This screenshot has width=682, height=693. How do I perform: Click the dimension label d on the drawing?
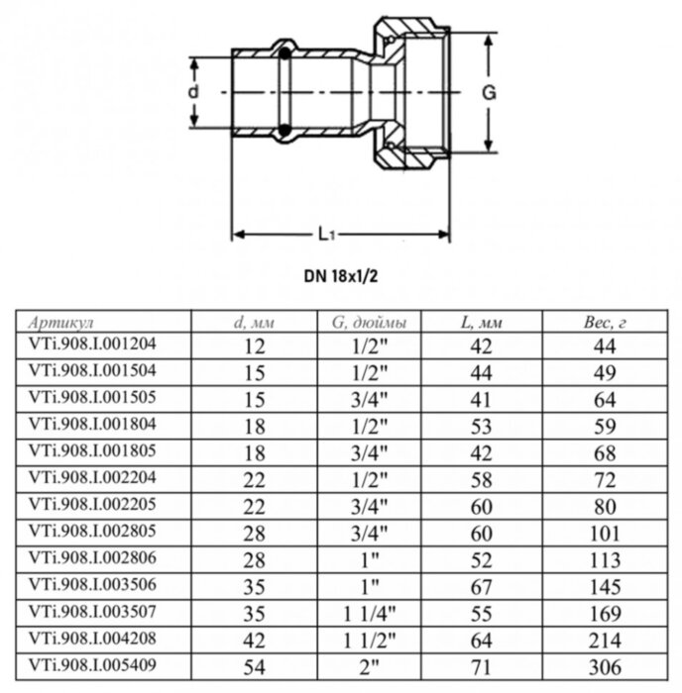click(194, 91)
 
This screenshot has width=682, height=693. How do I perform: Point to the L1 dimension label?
click(328, 235)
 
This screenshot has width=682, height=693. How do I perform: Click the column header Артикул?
click(62, 323)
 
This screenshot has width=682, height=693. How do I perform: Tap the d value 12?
click(254, 346)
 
